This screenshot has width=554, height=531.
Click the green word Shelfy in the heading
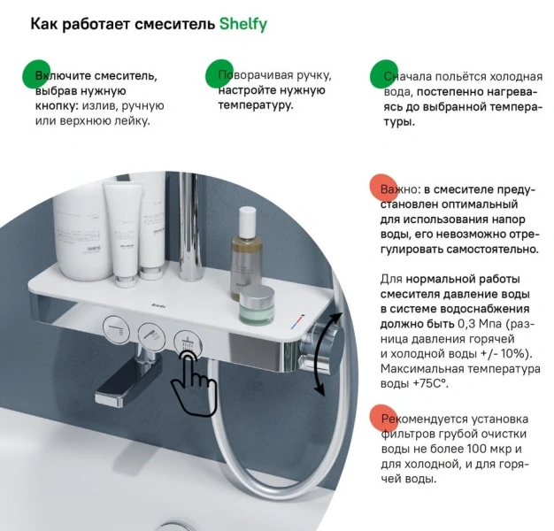point(243,25)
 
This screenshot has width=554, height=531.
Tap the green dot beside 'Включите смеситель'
point(36,74)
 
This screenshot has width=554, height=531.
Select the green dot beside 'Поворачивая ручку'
point(219,73)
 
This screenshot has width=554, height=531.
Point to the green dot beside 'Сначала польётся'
point(384,74)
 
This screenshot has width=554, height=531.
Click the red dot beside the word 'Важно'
point(384,188)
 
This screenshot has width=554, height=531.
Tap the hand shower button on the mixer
point(151,334)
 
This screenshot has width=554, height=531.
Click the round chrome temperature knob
point(327,350)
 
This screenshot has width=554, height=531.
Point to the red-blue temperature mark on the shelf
point(297,320)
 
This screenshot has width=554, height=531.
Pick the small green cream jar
point(257,304)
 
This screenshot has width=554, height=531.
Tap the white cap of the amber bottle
point(247,223)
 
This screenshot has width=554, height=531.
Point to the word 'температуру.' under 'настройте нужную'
point(256,105)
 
